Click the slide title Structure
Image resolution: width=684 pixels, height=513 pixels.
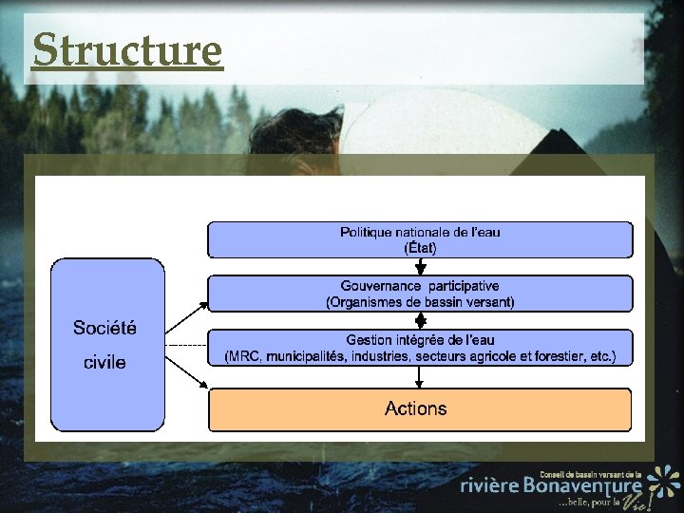coord(126,49)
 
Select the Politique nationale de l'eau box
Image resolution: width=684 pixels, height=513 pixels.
coord(420,239)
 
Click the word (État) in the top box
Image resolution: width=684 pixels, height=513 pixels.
coord(420,247)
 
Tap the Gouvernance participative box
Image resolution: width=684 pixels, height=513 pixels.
coord(420,294)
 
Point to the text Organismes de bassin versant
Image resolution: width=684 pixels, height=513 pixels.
coord(420,302)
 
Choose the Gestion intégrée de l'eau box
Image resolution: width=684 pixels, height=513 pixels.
coord(420,348)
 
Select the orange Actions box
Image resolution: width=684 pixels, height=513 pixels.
coord(420,409)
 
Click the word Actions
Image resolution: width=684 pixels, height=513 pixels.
coord(415,408)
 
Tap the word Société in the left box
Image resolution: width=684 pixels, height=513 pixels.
coord(104,328)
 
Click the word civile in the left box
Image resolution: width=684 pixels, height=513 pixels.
coord(104,362)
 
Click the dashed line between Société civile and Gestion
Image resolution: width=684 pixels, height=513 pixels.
coord(186,344)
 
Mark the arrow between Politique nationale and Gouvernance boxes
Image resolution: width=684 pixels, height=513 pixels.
coord(420,267)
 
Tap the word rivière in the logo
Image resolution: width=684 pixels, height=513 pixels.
coord(489,485)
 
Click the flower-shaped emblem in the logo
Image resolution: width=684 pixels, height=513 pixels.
coord(664,480)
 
